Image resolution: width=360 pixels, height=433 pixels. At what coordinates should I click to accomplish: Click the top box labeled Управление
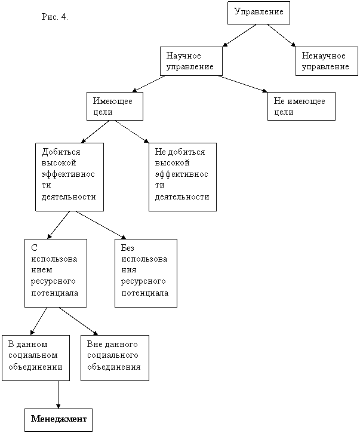click(x=259, y=13)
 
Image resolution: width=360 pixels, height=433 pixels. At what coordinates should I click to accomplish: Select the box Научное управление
click(x=191, y=61)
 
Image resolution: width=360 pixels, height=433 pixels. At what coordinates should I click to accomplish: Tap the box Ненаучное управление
click(x=327, y=61)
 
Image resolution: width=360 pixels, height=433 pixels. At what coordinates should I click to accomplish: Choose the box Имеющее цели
click(x=115, y=106)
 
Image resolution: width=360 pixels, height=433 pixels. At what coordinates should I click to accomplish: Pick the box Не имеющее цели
click(x=301, y=106)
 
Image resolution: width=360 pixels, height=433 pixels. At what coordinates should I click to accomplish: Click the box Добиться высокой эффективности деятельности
click(x=70, y=177)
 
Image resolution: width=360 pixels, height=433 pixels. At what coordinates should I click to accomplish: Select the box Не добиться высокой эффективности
click(x=183, y=177)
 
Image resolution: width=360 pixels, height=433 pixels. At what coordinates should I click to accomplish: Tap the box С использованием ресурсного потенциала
click(x=56, y=273)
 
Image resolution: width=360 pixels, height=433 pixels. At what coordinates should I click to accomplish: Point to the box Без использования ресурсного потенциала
click(x=146, y=273)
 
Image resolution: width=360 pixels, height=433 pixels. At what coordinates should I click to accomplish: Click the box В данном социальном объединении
click(x=36, y=358)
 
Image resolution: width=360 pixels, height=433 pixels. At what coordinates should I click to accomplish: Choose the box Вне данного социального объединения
click(x=115, y=358)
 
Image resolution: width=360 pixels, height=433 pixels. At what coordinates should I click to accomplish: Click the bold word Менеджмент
click(x=59, y=419)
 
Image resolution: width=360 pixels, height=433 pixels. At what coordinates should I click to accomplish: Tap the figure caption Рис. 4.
click(x=55, y=17)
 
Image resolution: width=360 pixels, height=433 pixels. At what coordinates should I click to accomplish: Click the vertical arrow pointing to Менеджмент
click(x=59, y=395)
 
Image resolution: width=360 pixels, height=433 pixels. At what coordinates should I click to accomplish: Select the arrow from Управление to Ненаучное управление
click(x=281, y=36)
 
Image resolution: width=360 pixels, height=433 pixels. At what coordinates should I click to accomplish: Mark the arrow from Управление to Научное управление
click(x=239, y=36)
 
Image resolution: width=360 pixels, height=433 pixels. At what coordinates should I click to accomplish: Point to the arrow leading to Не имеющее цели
click(x=243, y=84)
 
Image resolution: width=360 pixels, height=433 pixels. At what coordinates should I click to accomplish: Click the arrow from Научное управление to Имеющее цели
click(x=149, y=84)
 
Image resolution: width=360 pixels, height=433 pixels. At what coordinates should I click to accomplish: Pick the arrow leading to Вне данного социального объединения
click(x=78, y=321)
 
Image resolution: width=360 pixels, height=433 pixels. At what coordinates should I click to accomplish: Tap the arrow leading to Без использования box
click(x=101, y=225)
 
